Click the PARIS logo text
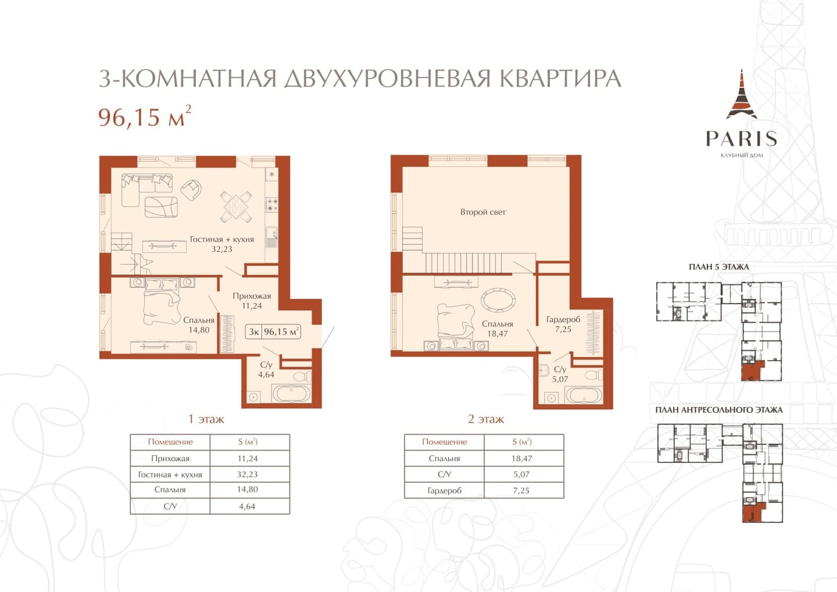point(742,138)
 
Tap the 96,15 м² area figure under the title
point(145,116)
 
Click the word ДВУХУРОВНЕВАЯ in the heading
point(387,79)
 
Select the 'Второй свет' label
point(483,212)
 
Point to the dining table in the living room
point(236,206)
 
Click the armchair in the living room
point(191,190)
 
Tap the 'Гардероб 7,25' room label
point(563,324)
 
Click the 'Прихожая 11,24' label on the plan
point(252,301)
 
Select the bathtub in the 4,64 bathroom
point(291,394)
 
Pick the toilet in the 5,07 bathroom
point(593,375)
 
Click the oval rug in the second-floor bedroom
point(498,299)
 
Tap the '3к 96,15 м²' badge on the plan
point(274,331)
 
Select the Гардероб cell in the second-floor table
point(444,490)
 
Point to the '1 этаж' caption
point(206,419)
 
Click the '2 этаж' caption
point(486,419)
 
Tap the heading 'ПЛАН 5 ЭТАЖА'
point(719,267)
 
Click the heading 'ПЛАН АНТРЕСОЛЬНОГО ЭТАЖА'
point(719,410)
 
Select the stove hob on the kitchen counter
point(271,205)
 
